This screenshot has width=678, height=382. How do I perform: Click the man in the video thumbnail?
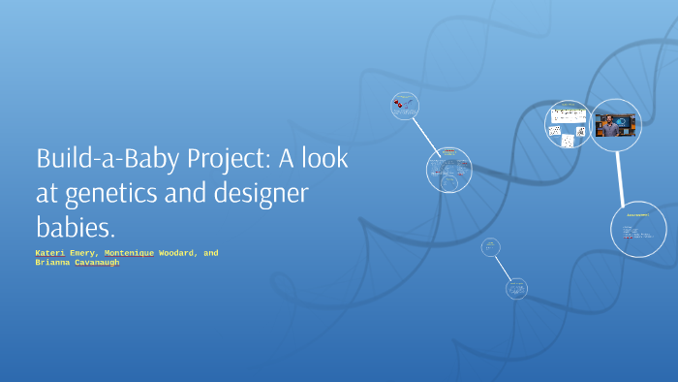[610, 127]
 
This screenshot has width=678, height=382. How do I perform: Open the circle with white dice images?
[568, 124]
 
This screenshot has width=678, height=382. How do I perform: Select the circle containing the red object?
[403, 107]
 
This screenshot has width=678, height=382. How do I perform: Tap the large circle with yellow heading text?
[639, 227]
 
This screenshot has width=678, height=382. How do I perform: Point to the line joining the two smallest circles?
[502, 267]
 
